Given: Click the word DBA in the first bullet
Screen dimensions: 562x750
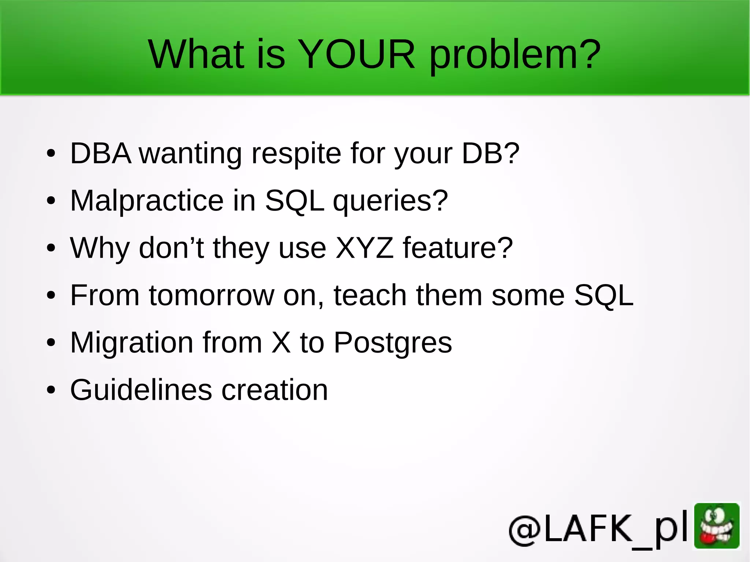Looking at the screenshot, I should (100, 153).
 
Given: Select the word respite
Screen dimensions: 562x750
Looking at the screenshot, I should (296, 154).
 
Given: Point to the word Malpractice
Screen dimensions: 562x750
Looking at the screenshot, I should (147, 201).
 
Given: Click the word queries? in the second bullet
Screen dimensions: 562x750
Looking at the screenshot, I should (390, 202).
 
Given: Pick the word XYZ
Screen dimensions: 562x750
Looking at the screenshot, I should (364, 248).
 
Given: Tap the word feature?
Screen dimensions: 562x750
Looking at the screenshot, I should (458, 248).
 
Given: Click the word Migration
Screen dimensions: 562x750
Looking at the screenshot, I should (131, 343).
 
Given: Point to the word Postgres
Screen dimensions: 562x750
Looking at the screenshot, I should (393, 343).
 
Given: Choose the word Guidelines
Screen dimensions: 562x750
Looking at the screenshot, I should (141, 390).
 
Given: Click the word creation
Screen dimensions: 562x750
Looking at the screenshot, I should (275, 390).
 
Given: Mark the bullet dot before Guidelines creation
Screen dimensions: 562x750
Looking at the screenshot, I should (51, 391).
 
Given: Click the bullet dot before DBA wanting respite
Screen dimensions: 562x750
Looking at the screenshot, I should (51, 154).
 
